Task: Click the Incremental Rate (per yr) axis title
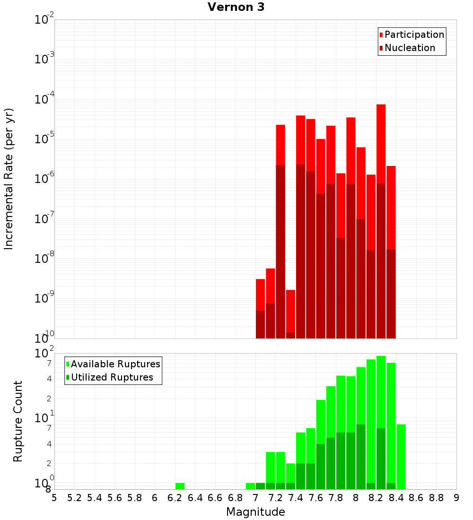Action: (x=9, y=179)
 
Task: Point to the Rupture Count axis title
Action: (x=18, y=421)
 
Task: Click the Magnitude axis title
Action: (x=255, y=511)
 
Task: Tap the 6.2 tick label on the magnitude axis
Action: (x=175, y=498)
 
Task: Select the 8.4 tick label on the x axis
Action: (x=396, y=498)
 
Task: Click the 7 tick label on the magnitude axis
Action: (x=255, y=498)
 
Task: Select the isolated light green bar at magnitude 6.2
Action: (x=180, y=486)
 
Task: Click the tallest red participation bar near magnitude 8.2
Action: (x=381, y=142)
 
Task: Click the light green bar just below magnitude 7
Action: (x=250, y=486)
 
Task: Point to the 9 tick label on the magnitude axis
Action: (x=456, y=498)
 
